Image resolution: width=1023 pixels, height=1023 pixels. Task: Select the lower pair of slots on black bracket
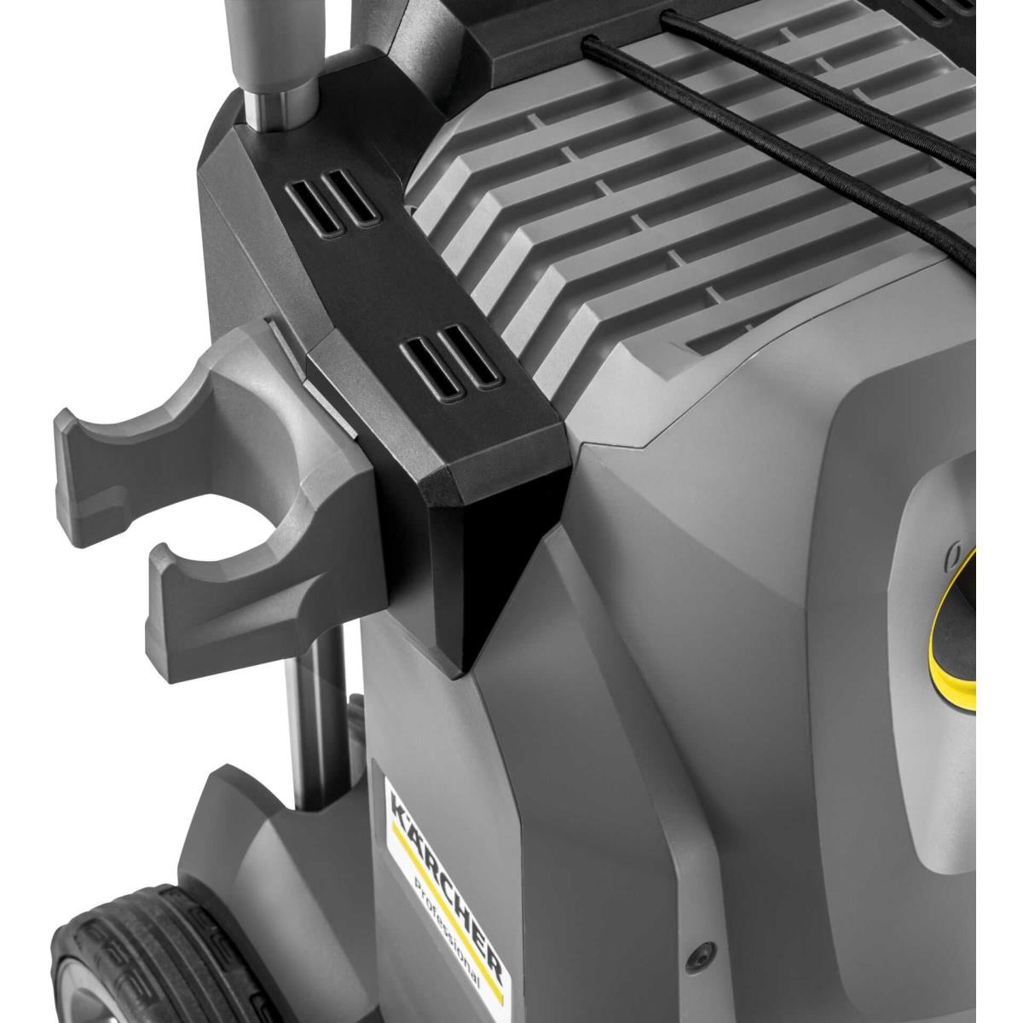pos(451,361)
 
